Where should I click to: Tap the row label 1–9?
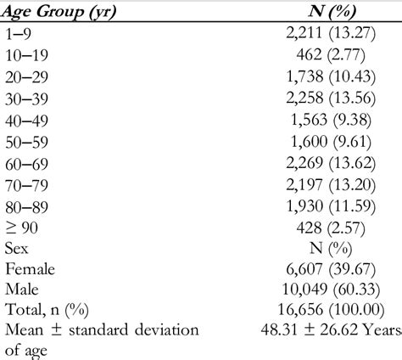click(x=20, y=33)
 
